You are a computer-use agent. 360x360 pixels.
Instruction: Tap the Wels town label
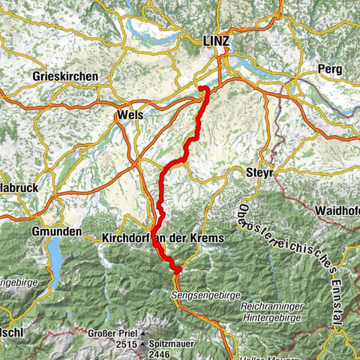(130, 115)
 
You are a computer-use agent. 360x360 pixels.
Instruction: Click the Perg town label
(329, 69)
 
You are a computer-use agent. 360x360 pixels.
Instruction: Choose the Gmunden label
(56, 232)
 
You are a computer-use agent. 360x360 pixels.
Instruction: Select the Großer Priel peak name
(110, 332)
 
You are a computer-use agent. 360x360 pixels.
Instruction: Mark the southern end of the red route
(178, 269)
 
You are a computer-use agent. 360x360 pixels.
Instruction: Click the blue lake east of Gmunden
(56, 259)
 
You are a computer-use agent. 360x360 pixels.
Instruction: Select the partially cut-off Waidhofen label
(337, 210)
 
